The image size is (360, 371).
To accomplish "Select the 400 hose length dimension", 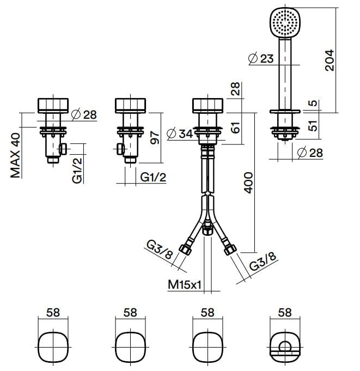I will pos(248,183).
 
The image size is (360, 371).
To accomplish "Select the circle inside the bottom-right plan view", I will pos(285,347).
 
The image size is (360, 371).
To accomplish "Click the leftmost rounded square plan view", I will pos(53,346).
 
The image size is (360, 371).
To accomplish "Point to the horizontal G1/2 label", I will pos(152,177).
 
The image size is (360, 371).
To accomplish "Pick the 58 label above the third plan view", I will pos(208,313).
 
